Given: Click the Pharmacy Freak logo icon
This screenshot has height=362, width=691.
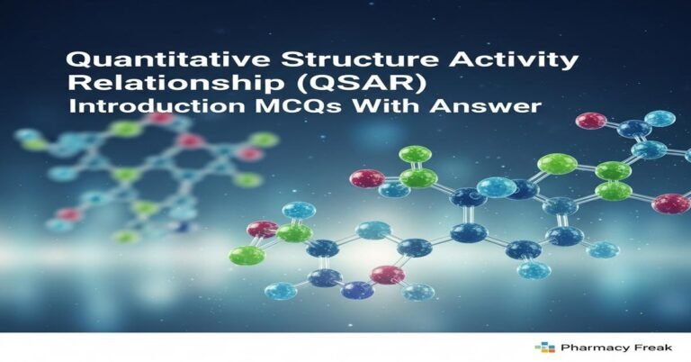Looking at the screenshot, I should [x=543, y=347].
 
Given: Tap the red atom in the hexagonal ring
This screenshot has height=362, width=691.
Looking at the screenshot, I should [x=387, y=275].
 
